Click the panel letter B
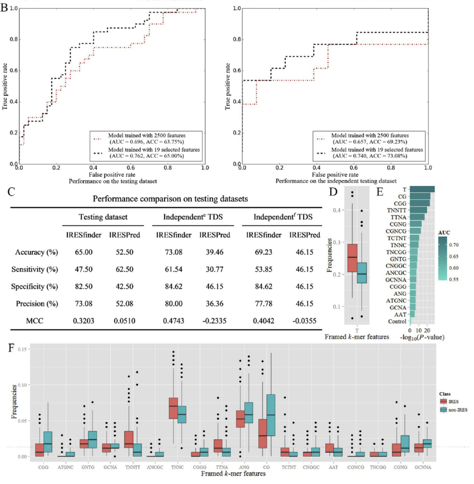4,7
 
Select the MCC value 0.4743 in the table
173,321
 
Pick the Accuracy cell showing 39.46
215,252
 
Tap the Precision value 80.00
173,304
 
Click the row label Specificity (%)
34,287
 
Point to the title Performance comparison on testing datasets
170,199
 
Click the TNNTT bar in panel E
418,210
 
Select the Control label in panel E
397,322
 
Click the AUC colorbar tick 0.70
453,245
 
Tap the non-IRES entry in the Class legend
458,410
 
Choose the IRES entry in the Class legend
453,402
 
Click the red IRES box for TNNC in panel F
173,408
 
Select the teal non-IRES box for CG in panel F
271,415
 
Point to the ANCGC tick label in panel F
155,467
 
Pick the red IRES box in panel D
352,258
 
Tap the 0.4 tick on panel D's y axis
336,211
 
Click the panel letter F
11,348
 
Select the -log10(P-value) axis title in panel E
422,337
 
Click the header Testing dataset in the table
103,217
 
